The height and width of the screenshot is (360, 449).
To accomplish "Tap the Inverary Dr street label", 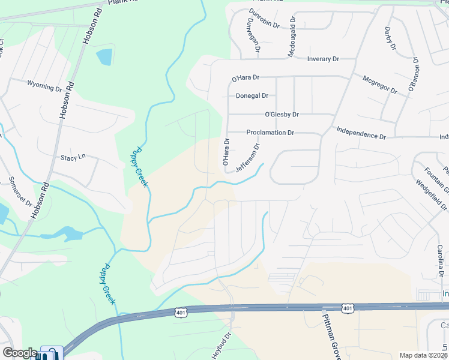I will coord(323,59).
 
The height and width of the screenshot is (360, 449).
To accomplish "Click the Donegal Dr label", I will coord(252,95).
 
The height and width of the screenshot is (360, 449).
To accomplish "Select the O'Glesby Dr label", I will coord(282,114).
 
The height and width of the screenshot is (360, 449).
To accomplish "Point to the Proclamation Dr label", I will coord(270,133).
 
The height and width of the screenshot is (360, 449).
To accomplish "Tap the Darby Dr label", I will coord(391,38).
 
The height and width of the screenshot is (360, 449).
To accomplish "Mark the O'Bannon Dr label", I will coord(413,74).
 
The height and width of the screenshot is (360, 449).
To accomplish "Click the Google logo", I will coord(19,353).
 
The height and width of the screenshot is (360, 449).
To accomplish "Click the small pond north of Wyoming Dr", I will coord(104,56).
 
